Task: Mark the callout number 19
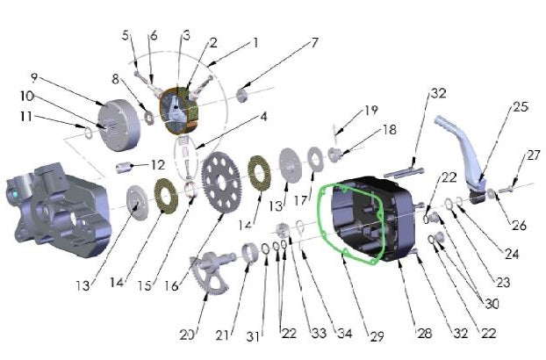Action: pos(372,111)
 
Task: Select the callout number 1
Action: pos(255,42)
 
